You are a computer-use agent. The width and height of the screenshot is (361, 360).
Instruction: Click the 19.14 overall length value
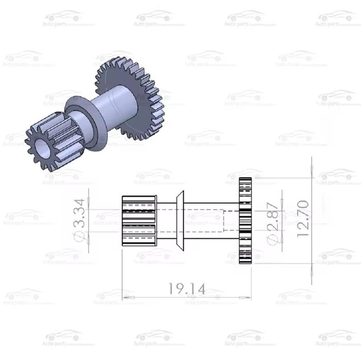tap(187, 289)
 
